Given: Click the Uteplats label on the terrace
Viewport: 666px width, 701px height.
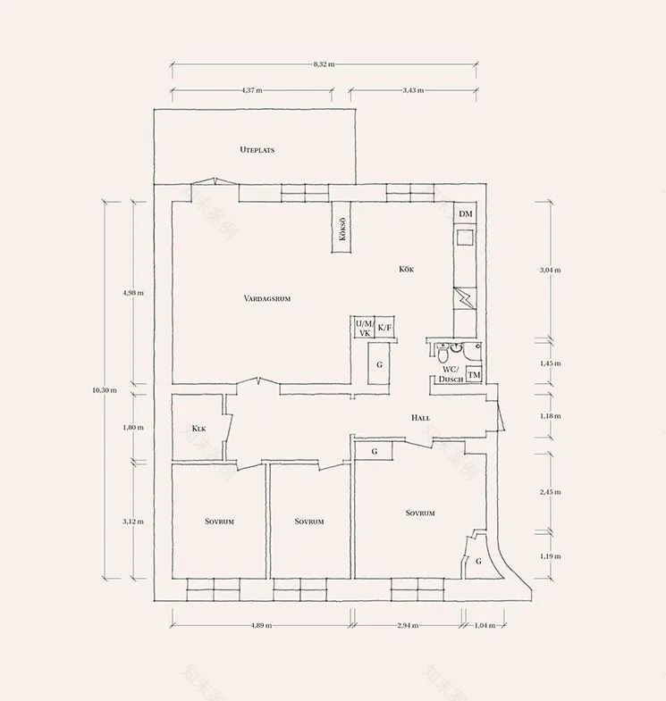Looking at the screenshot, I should coord(257,150).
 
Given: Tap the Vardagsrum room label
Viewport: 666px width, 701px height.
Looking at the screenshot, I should coord(267,298).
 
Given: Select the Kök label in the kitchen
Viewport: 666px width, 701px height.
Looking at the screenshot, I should coord(407,269).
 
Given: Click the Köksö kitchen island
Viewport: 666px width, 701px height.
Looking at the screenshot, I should coord(342,229).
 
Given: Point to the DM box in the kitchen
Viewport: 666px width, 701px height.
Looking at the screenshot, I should coord(466,215).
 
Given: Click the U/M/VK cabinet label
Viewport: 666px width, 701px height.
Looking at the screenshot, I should coord(364,328).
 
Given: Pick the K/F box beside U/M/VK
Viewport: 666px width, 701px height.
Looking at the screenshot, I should coord(385,328).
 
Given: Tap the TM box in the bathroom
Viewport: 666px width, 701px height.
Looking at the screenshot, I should coord(474,375).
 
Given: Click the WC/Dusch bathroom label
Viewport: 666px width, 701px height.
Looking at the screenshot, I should coord(450,374).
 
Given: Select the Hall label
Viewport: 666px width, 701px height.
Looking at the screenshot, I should coord(420,418).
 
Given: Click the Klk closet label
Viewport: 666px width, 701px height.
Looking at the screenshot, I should coord(199,428).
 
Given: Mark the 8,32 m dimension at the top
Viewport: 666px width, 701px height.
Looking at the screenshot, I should coord(324,65).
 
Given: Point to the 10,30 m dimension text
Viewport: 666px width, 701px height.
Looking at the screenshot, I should coord(105,389).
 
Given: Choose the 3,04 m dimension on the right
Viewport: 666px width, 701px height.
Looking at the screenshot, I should coord(552,269).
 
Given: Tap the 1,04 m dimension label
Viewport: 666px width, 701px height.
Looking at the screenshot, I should coord(485,626).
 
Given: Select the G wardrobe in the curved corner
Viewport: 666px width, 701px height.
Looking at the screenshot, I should coord(478,561).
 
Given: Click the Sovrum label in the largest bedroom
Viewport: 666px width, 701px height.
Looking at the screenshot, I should coord(420,513).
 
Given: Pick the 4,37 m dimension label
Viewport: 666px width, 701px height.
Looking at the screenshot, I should coord(252,90).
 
